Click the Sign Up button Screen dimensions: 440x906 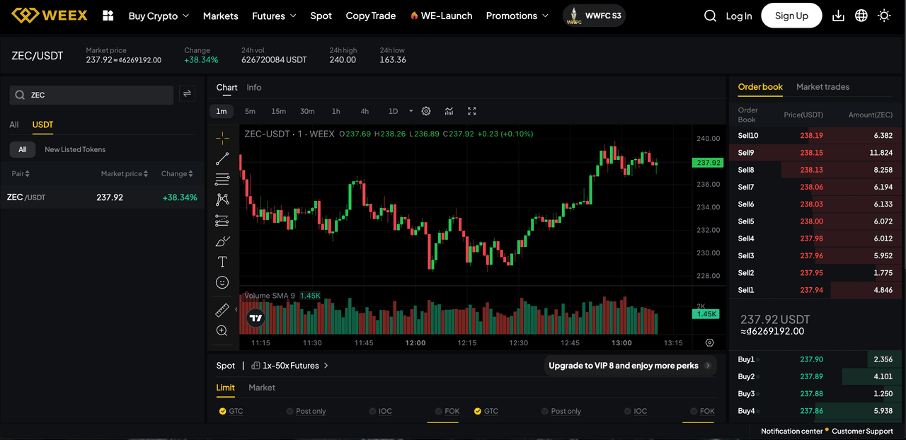(x=791, y=16)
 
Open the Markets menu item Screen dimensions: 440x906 (x=220, y=16)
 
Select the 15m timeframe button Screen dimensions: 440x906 (x=278, y=111)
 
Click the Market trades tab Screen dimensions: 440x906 (x=822, y=87)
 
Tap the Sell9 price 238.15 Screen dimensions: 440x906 (x=811, y=153)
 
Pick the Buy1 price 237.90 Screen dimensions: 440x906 (x=811, y=359)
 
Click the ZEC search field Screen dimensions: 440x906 (x=99, y=95)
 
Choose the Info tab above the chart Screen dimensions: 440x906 (x=254, y=88)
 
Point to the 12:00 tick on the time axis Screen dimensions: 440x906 (x=415, y=343)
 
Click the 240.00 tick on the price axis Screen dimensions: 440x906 (x=708, y=139)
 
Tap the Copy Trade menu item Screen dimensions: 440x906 (x=371, y=16)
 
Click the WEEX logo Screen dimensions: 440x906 (x=50, y=16)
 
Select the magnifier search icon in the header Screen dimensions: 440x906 (x=710, y=16)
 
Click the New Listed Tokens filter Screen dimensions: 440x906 (x=75, y=149)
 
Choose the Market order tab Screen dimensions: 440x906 (x=262, y=388)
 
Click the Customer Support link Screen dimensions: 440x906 (x=862, y=431)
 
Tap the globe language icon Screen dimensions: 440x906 (x=861, y=16)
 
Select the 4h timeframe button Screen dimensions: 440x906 (x=365, y=111)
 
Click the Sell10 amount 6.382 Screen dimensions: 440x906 (x=883, y=136)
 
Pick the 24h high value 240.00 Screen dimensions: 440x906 (x=343, y=60)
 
